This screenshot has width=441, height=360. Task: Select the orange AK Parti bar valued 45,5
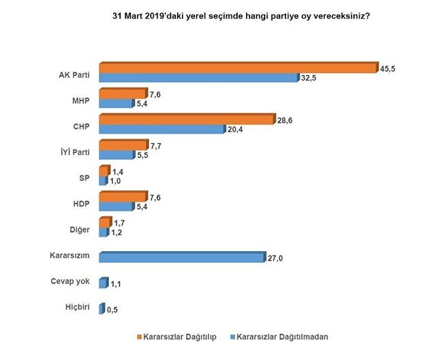(x=238, y=67)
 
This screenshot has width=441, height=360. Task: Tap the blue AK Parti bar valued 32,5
(x=198, y=78)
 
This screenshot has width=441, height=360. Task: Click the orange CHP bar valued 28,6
(x=186, y=120)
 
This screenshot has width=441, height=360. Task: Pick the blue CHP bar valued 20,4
(x=162, y=130)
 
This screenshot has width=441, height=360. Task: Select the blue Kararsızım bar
(x=181, y=257)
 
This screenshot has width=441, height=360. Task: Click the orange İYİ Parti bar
(x=123, y=145)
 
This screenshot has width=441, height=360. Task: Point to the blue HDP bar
(x=115, y=206)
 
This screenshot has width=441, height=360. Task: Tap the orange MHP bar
(x=123, y=94)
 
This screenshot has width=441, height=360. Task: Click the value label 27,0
(x=275, y=258)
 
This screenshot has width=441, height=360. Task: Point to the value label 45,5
(x=388, y=68)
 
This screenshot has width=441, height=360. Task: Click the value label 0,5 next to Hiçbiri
(x=112, y=310)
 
